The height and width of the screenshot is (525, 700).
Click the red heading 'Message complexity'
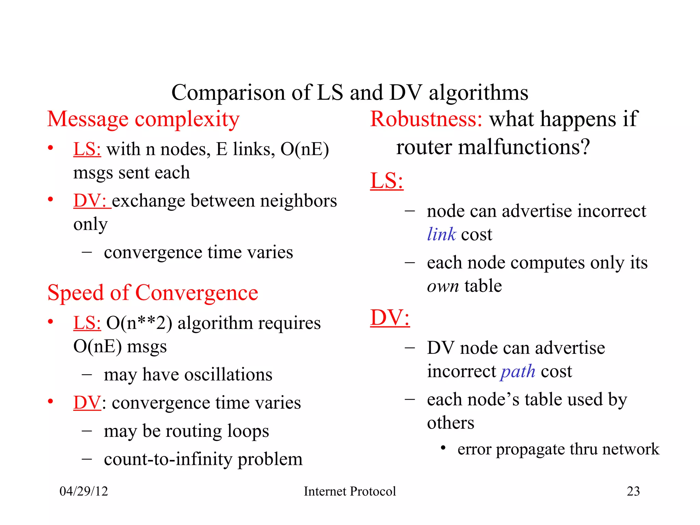pos(143,119)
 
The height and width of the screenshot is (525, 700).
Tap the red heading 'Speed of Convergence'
pos(152,293)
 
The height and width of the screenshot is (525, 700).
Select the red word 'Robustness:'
pos(426,119)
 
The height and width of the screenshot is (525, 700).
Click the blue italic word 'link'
pos(441,234)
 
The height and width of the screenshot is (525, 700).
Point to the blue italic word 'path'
pos(518,372)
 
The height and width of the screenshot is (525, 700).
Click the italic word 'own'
pos(443,286)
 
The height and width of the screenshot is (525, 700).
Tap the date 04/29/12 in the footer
pos(84,491)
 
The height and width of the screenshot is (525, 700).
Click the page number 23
pos(633,491)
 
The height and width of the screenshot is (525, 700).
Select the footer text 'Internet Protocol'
pos(350,491)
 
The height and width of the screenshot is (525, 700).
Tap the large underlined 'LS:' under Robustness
pos(387,181)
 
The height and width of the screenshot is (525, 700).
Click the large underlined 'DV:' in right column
pos(390,318)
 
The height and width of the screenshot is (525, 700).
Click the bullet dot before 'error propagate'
pos(443,448)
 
